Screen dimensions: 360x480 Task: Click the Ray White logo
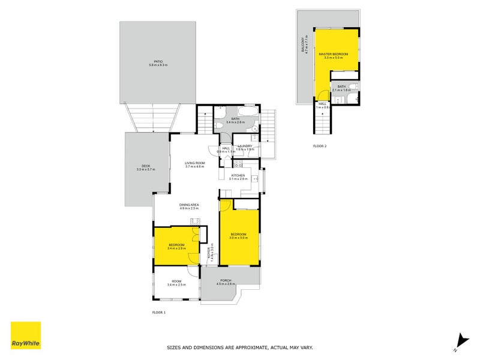(26, 336)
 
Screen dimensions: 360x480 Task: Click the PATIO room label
(158, 61)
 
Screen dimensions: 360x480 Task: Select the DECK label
(145, 166)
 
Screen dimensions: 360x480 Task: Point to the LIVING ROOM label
(194, 163)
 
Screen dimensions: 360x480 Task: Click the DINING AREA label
(189, 205)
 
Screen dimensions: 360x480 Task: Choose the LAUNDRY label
(245, 146)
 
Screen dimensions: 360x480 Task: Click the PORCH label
(226, 280)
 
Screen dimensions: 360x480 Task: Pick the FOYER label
(209, 252)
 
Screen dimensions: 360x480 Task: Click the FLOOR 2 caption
(319, 146)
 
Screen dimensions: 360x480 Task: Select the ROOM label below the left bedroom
(176, 281)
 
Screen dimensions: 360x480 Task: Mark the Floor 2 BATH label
(341, 86)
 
